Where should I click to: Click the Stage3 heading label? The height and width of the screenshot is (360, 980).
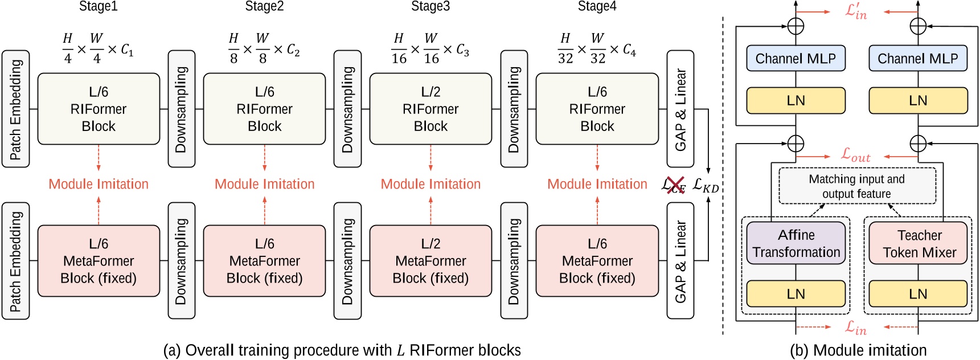coord(430,7)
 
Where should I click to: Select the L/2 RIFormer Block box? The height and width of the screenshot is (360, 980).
coord(430,109)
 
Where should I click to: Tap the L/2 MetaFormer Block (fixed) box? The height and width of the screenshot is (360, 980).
coord(430,261)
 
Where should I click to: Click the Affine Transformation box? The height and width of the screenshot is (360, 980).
coord(796,243)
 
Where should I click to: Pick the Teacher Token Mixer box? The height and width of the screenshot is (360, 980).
coord(919,243)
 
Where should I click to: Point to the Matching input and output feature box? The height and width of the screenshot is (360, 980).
coord(856,186)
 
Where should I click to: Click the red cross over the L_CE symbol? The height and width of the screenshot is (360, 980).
coord(675,185)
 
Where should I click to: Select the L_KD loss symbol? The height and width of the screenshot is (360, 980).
coord(706,185)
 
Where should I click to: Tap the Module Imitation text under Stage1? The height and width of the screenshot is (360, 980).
coord(99,184)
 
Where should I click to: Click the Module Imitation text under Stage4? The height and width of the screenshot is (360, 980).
coord(597,184)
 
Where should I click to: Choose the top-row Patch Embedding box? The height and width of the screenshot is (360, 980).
coord(15,109)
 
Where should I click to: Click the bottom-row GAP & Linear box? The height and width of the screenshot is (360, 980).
coord(680,261)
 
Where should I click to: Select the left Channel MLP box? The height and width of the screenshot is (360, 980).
coord(796,58)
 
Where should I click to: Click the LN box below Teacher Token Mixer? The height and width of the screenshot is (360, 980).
coord(918,294)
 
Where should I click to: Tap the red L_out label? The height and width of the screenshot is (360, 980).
coord(856,155)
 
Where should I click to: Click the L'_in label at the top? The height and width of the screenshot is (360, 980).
coord(856,11)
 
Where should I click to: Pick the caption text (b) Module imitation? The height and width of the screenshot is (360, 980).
coord(858,350)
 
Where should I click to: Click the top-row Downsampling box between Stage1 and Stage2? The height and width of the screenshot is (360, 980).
coord(181,109)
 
